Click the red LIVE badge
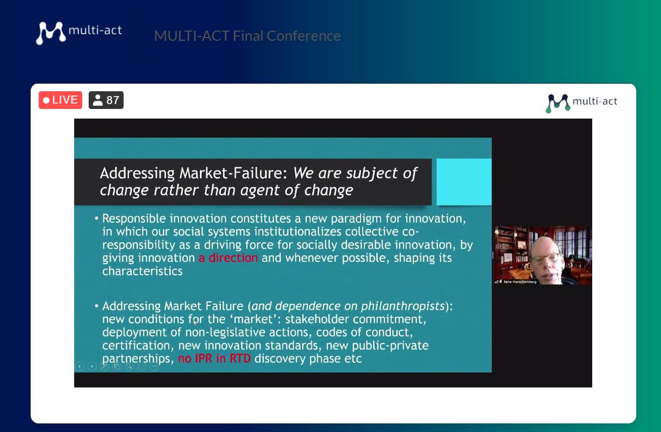point(60,100)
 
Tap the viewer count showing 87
point(112,100)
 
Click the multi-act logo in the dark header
point(79,32)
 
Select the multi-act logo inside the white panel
point(581,102)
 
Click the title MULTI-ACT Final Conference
point(247,36)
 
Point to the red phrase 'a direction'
point(228,258)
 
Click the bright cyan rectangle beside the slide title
point(463,181)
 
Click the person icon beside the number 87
point(98,100)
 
